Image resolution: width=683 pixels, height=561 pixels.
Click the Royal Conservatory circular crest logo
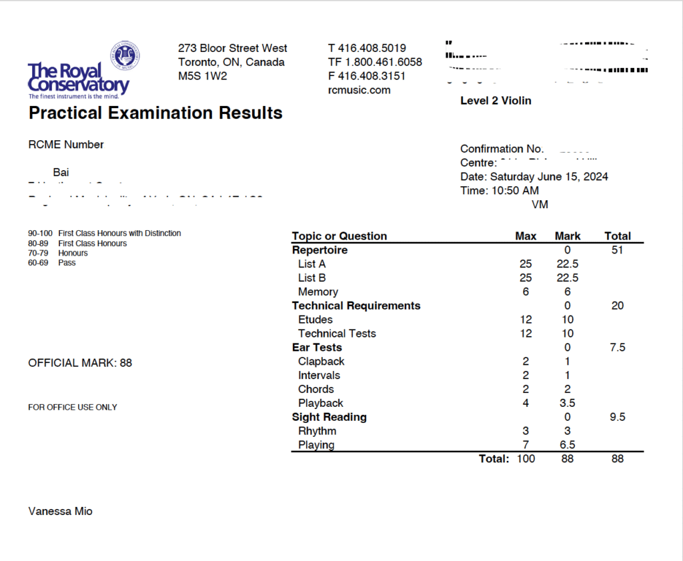tap(125, 56)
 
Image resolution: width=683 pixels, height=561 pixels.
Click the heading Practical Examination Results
tap(155, 113)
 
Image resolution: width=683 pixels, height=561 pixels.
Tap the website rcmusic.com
tap(359, 90)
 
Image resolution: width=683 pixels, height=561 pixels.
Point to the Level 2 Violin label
tap(496, 101)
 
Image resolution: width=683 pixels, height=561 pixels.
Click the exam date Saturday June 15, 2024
tap(549, 177)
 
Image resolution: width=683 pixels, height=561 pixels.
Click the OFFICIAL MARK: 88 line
tap(80, 363)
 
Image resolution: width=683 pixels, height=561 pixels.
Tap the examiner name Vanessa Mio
tap(60, 512)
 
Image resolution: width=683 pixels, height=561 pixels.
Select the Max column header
tap(526, 236)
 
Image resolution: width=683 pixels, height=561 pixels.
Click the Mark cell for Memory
tap(567, 292)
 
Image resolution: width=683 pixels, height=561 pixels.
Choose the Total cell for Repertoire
tap(617, 250)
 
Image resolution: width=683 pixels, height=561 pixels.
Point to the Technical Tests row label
tap(337, 334)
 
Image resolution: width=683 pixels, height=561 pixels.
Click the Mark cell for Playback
tap(567, 404)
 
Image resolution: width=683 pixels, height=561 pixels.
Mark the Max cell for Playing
tap(526, 445)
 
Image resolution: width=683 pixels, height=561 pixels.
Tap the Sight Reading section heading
tap(329, 418)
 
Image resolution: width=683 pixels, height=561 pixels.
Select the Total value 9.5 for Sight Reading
tap(617, 418)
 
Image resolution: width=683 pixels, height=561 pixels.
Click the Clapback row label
tap(321, 362)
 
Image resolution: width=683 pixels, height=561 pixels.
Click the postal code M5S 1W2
tap(202, 76)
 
